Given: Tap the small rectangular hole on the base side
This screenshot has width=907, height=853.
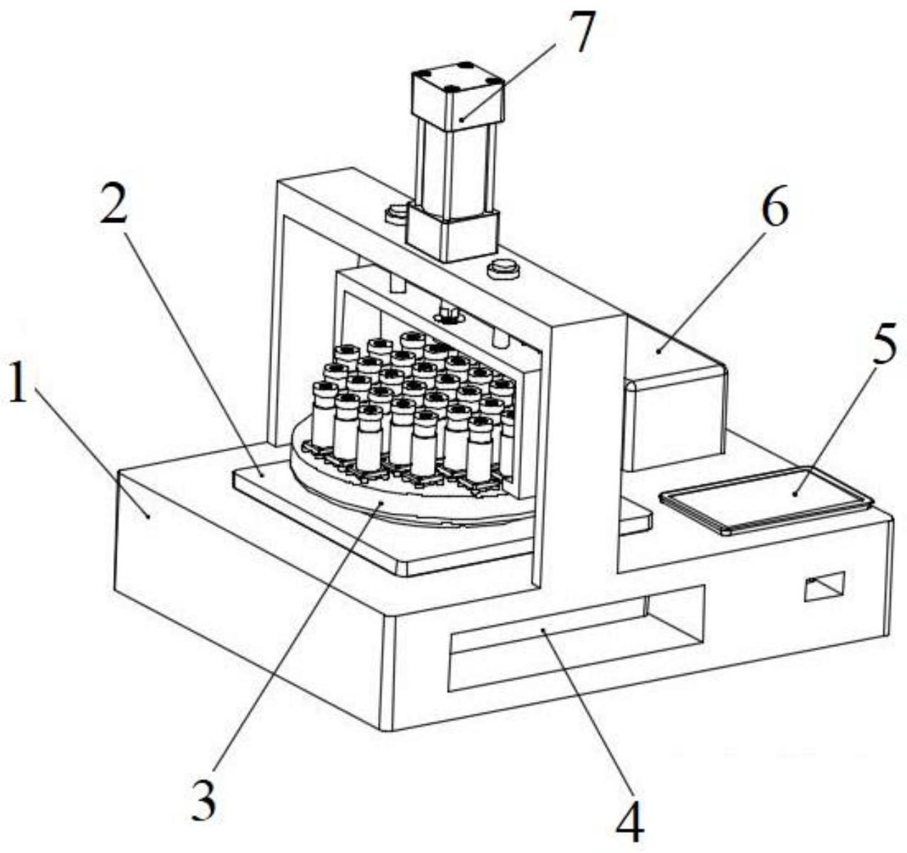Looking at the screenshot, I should tap(824, 586).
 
